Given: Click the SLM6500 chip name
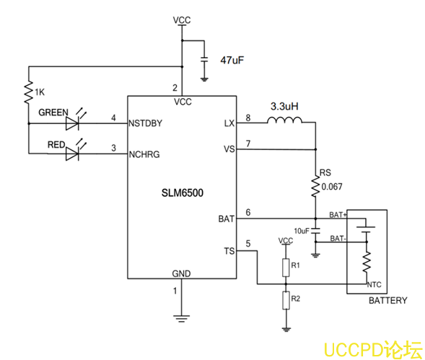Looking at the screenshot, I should tap(182, 194).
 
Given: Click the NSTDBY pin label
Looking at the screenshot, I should tap(145, 123).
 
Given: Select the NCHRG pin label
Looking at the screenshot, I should tap(144, 154).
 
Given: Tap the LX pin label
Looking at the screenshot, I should tap(229, 123).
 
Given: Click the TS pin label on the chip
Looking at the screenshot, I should tap(229, 250).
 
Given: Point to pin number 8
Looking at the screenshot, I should tap(248, 117).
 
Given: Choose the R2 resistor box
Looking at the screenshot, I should tap(286, 297).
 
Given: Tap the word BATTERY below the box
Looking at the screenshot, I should tap(387, 300).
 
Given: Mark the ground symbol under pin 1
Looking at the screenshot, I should tap(182, 316).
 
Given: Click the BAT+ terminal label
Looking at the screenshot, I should tap(338, 214).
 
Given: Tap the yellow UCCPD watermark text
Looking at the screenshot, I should tap(371, 349).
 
